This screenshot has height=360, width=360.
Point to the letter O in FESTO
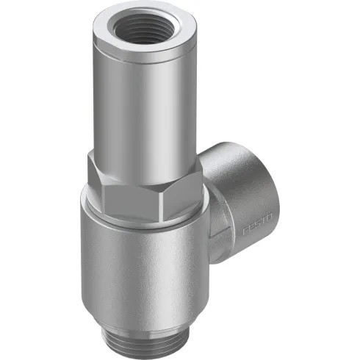click(270, 217)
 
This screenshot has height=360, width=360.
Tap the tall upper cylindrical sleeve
click(140, 103)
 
